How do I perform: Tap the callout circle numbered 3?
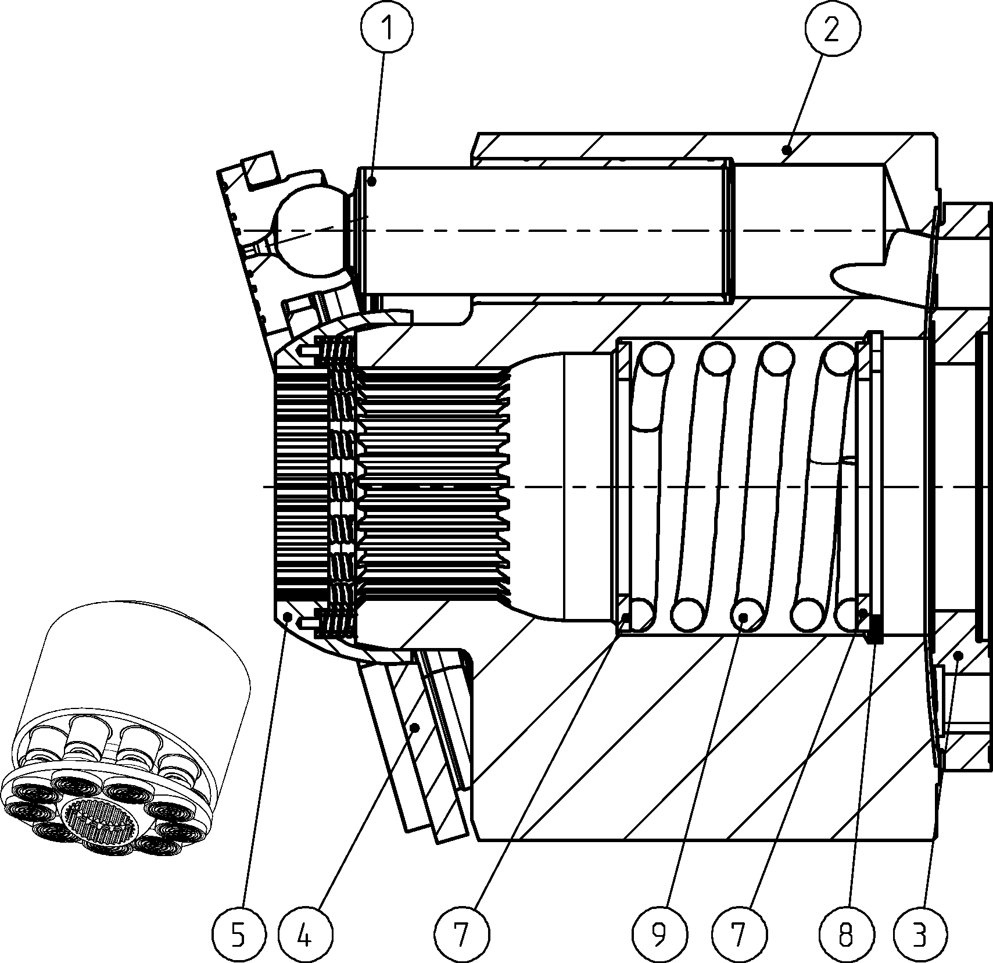tap(919, 935)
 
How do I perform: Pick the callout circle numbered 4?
tap(304, 935)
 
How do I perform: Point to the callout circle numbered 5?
tap(238, 935)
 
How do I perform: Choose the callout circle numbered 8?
tap(846, 935)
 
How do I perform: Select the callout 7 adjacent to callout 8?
tap(739, 935)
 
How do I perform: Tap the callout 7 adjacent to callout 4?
tap(461, 935)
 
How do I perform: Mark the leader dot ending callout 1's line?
tap(373, 181)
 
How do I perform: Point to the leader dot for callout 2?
tap(787, 150)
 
